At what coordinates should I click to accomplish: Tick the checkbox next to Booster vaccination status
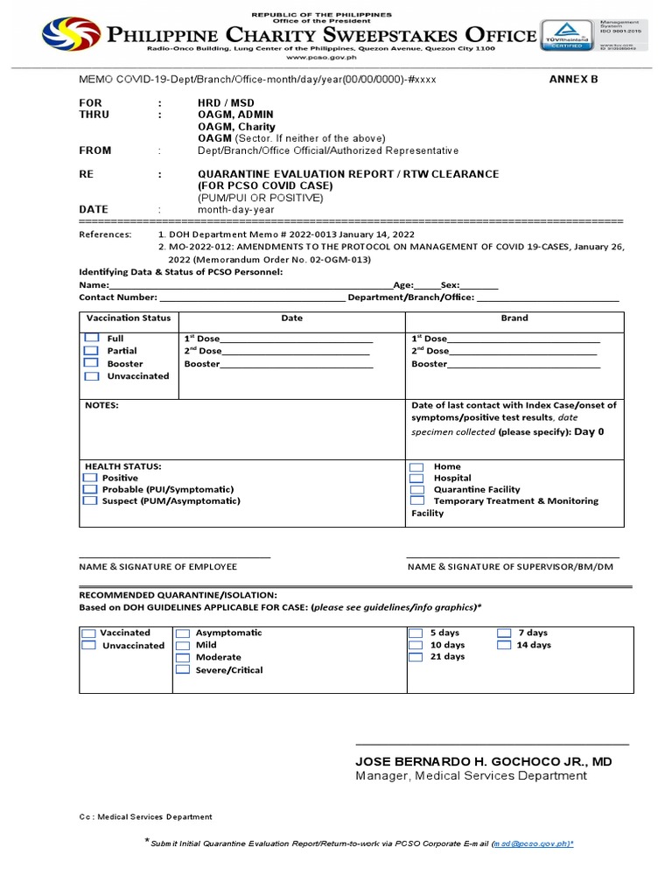(x=92, y=363)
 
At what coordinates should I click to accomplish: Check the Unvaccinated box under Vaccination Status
(x=92, y=376)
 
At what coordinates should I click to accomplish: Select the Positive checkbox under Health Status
(x=89, y=479)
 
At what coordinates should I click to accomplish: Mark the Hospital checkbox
(x=417, y=479)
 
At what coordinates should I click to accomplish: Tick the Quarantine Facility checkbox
(x=417, y=490)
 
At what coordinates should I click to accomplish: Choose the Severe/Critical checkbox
(x=183, y=669)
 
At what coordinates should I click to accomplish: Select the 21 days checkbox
(x=416, y=656)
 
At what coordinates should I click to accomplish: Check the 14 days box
(x=504, y=645)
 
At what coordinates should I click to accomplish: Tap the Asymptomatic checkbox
(x=183, y=633)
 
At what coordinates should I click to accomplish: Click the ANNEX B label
(x=573, y=80)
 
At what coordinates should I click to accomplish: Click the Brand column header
(x=514, y=318)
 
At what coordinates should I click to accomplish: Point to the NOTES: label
(x=101, y=406)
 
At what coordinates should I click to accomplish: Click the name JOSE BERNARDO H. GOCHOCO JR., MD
(x=483, y=762)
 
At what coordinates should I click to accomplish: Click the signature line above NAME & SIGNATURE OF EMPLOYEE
(x=174, y=556)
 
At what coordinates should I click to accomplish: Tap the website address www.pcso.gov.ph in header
(x=336, y=56)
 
